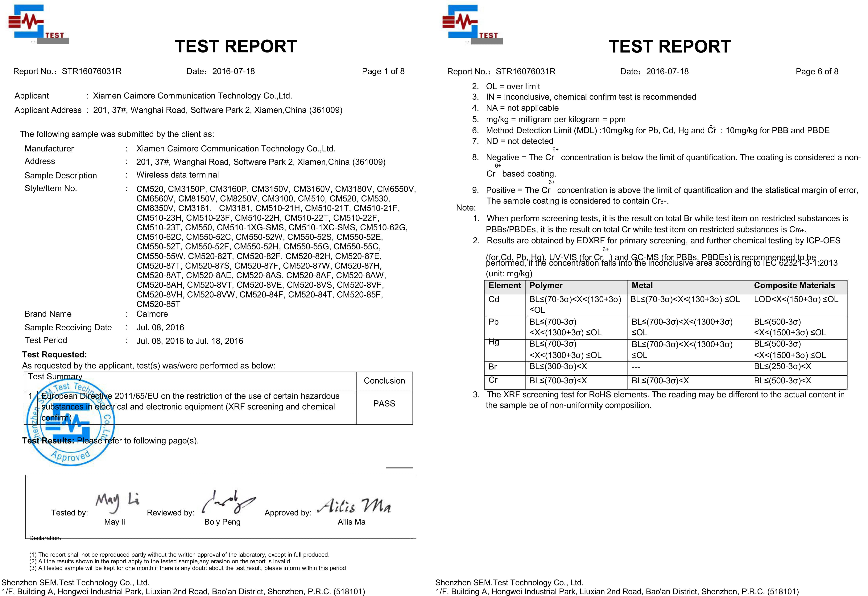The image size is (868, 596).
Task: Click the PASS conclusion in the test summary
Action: tap(384, 404)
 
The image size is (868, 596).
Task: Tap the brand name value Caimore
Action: tap(152, 314)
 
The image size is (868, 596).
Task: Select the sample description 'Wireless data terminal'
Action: tap(177, 175)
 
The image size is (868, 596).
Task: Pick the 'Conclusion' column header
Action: tap(384, 381)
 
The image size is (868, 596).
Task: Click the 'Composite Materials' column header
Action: tap(794, 285)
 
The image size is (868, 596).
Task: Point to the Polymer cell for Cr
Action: tap(558, 381)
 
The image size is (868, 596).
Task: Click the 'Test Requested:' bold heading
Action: tap(55, 355)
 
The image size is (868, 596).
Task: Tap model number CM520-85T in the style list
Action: tap(158, 304)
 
